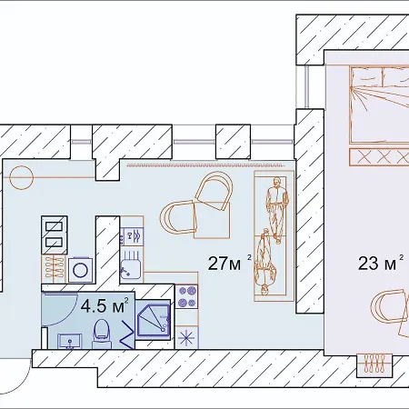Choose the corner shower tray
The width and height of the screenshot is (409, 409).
coord(152,320)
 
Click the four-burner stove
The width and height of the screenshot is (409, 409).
coord(188,296)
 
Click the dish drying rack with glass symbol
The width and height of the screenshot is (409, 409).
coord(132,235)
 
